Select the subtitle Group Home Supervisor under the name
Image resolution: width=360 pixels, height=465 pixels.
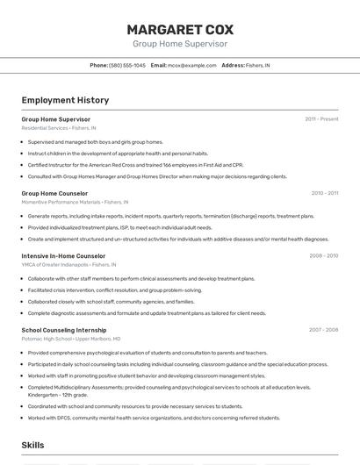click(179, 43)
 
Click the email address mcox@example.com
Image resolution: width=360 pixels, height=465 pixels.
click(191, 65)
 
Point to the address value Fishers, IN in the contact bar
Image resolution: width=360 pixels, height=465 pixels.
click(257, 65)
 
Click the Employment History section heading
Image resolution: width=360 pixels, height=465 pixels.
click(65, 100)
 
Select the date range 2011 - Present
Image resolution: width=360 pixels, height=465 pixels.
click(321, 118)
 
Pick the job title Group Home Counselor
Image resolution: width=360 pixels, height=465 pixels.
click(54, 193)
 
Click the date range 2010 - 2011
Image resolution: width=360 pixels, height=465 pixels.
click(324, 193)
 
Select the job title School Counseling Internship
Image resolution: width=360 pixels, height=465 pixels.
click(64, 330)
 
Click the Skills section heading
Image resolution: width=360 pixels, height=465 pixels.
click(33, 445)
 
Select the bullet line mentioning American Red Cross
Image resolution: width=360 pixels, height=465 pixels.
click(135, 164)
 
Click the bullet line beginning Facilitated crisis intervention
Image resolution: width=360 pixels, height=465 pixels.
click(114, 290)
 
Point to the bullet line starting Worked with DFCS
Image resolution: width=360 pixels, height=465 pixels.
click(154, 418)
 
